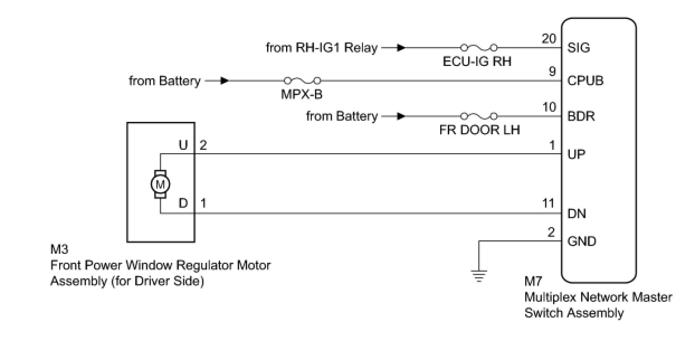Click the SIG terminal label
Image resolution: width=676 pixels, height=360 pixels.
tap(579, 48)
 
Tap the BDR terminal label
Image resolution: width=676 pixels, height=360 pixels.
tap(581, 117)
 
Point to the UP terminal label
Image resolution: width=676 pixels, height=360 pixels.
tap(577, 154)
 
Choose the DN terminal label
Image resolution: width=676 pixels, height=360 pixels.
tap(577, 214)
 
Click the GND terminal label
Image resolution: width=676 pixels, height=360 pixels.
tap(582, 241)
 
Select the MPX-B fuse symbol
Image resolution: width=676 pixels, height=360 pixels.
tap(302, 80)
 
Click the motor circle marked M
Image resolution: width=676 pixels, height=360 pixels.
tap(160, 183)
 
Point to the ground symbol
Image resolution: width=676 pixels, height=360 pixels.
tap(479, 275)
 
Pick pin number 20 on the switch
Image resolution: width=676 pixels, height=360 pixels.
tap(550, 39)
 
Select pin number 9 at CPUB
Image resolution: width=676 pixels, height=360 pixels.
tap(553, 72)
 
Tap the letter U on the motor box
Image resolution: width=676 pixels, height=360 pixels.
tap(183, 145)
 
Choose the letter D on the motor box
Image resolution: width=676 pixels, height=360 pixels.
tap(183, 204)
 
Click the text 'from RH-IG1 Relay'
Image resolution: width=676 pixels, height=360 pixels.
tap(322, 48)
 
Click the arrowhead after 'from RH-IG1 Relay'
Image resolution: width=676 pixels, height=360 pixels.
tap(401, 48)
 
